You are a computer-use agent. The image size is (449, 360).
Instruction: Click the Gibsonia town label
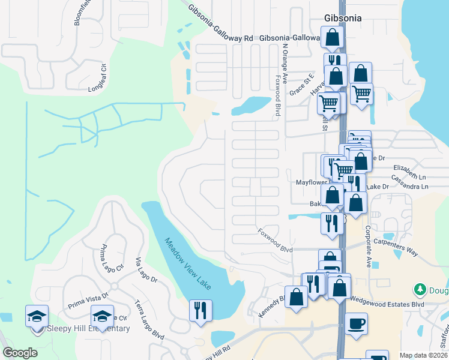pyautogui.click(x=343, y=18)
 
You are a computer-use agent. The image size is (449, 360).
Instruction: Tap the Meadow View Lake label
pyautogui.click(x=188, y=265)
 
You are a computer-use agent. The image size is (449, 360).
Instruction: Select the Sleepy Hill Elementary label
pyautogui.click(x=89, y=328)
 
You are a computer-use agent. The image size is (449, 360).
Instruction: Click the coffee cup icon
pyautogui.click(x=356, y=324)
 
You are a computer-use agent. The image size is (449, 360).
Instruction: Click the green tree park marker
pyautogui.click(x=420, y=290)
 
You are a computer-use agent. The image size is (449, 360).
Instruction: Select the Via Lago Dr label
pyautogui.click(x=146, y=270)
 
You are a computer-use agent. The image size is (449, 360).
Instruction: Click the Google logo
pyautogui.click(x=20, y=352)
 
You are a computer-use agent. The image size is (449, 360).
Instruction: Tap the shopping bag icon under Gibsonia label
pyautogui.click(x=332, y=38)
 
